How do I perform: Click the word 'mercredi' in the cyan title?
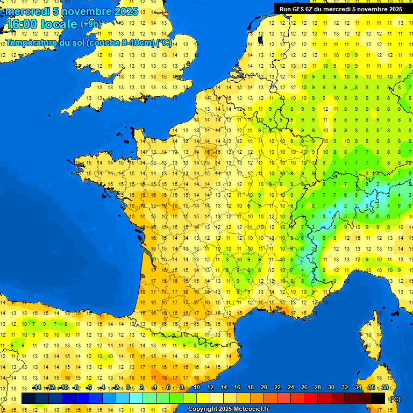[27, 11]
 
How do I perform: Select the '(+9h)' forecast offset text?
[90, 24]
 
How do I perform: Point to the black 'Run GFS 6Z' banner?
[341, 9]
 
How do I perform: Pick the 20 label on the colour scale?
[264, 387]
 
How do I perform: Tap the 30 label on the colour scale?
[331, 387]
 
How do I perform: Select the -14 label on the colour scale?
[37, 387]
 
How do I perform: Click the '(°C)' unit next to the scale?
[395, 399]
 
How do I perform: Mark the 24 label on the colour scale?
[290, 387]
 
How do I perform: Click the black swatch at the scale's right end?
[379, 398]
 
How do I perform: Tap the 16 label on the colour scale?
[237, 387]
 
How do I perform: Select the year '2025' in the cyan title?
[126, 11]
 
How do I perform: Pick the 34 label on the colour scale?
[358, 387]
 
